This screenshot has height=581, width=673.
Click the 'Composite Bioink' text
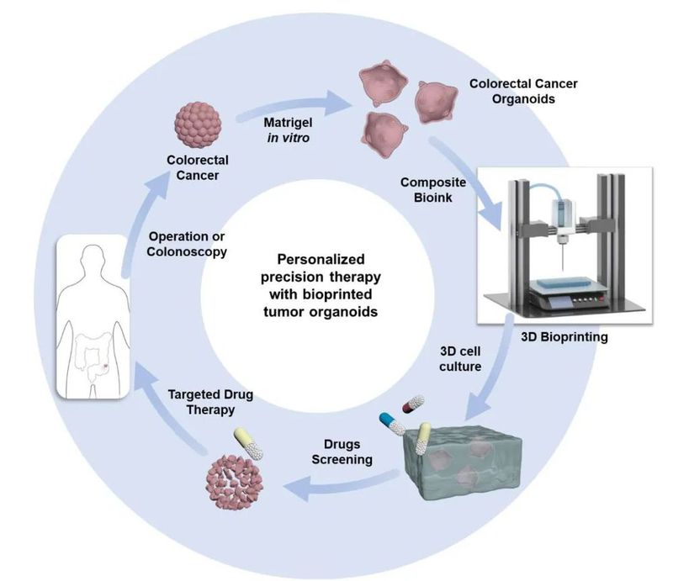(x=432, y=190)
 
